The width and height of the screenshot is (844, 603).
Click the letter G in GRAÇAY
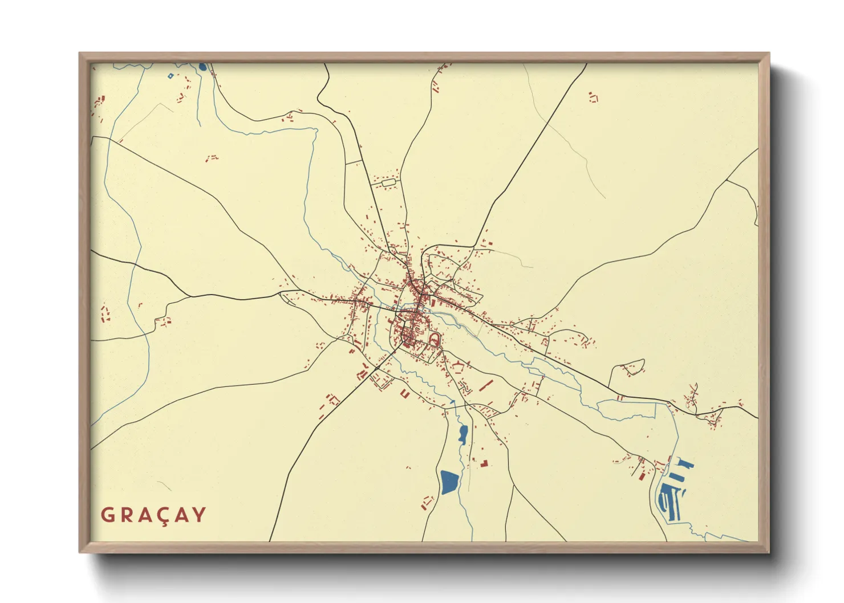pyautogui.click(x=107, y=515)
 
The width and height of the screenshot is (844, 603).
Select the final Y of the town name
pyautogui.click(x=199, y=515)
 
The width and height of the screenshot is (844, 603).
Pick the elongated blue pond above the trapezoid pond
pyautogui.click(x=462, y=434)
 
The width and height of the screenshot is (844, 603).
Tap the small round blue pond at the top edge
pyautogui.click(x=203, y=67)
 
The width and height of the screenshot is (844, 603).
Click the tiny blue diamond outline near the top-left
pyautogui.click(x=170, y=75)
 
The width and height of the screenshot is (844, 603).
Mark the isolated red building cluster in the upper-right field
pyautogui.click(x=594, y=97)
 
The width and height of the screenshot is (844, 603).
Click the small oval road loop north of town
pyautogui.click(x=388, y=183)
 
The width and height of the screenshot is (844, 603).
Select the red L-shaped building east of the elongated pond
pyautogui.click(x=484, y=462)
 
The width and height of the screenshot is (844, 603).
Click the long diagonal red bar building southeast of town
pyautogui.click(x=486, y=385)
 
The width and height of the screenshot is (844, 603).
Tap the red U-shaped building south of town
pyautogui.click(x=405, y=393)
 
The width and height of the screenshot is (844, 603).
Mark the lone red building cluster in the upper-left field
pyautogui.click(x=212, y=157)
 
